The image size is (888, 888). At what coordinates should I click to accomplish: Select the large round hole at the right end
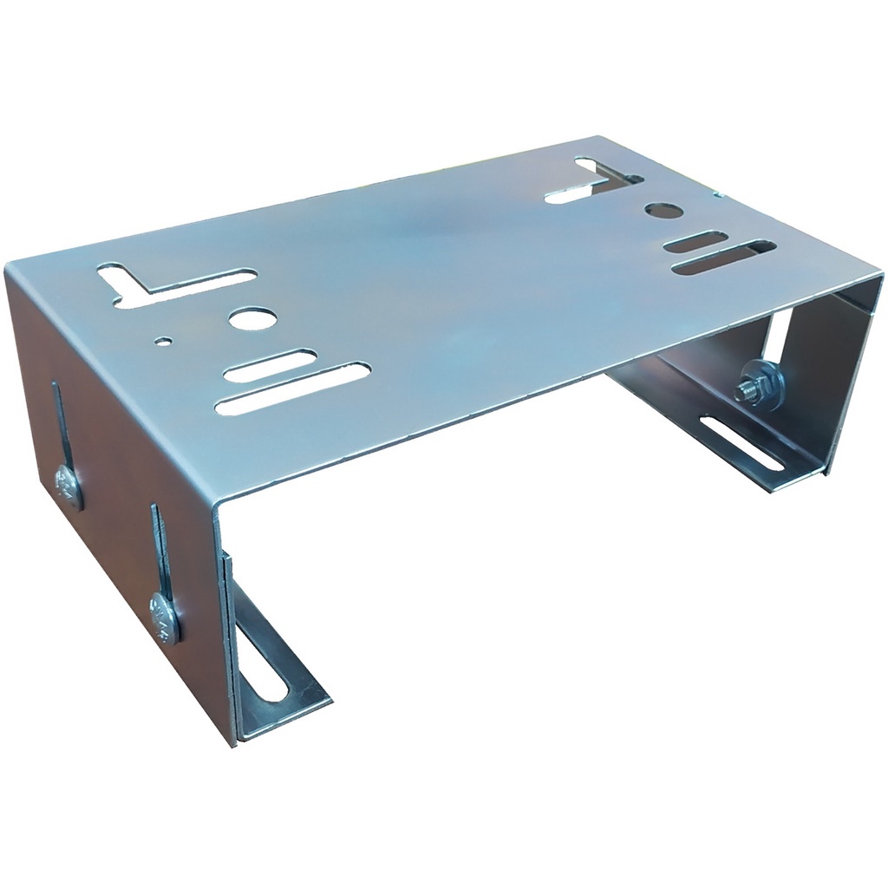(663, 211)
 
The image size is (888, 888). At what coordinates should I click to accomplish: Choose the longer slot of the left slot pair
(293, 388)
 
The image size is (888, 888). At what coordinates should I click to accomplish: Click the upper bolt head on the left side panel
(68, 486)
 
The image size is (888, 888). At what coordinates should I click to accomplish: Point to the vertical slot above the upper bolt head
(57, 425)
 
